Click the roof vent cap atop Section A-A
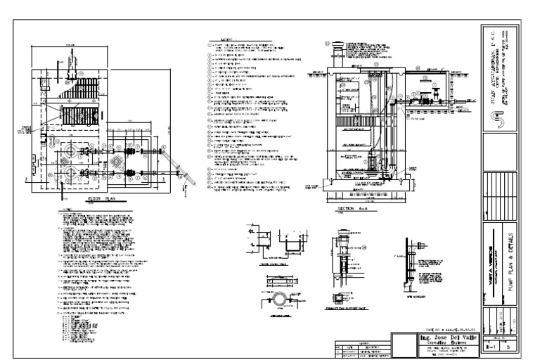point(336,49)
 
